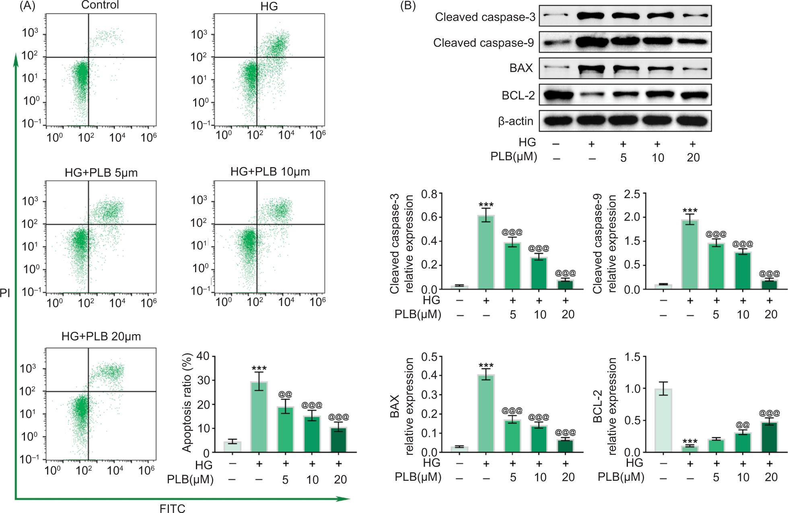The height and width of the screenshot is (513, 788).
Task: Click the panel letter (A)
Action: coord(27,6)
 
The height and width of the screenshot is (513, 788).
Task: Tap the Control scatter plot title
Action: coord(100,5)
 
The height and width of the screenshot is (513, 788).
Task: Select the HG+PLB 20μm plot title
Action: coord(101,336)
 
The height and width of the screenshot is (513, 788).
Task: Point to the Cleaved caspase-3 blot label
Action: coord(485,17)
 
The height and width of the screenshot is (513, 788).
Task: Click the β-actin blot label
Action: coord(515,121)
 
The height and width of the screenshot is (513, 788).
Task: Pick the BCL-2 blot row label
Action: coord(518,95)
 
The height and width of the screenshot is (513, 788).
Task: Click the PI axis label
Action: coord(5,293)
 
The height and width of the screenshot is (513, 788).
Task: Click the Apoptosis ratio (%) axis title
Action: coord(187,404)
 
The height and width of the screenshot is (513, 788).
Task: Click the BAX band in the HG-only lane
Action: coord(591,69)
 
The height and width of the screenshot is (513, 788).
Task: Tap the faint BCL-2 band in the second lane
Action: coord(591,95)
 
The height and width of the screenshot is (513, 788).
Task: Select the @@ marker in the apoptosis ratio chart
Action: coord(285,394)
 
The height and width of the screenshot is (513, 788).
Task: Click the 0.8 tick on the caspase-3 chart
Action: coord(429,194)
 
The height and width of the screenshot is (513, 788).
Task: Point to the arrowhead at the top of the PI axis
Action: coord(16,58)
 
